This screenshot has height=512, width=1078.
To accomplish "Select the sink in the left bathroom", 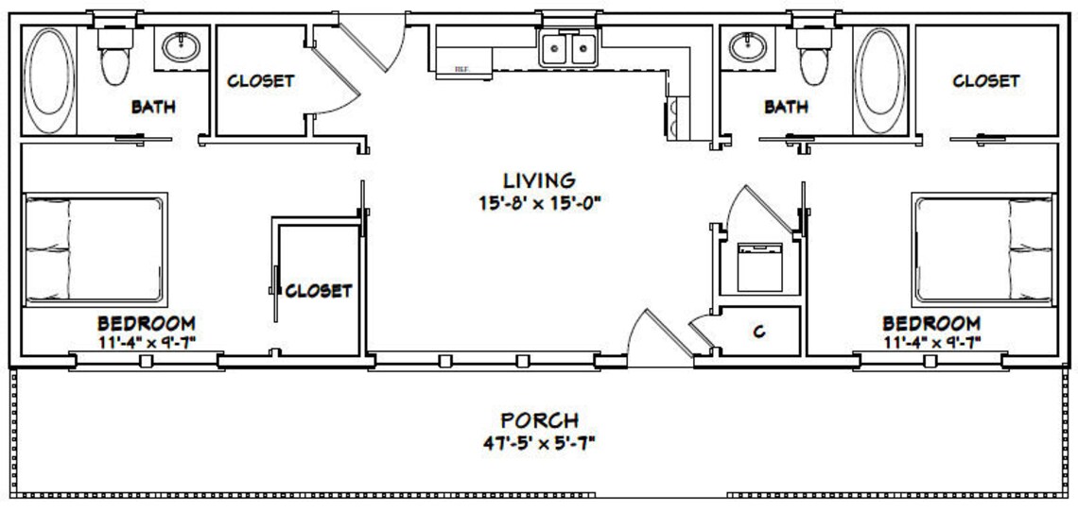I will coord(179,45).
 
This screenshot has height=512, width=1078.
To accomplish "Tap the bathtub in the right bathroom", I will coord(879,82).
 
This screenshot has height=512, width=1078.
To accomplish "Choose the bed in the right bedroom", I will coord(983,248).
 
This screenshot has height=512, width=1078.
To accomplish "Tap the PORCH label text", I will coord(539,420).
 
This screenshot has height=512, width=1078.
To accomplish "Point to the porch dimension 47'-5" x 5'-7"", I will coord(539,441).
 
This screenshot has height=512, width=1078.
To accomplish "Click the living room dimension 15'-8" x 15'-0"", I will coord(539,201).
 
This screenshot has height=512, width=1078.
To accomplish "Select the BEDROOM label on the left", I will coord(147,322).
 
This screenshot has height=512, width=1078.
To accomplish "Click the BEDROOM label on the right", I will coord(931,322).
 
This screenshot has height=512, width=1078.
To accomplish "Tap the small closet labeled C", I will coord(758,333).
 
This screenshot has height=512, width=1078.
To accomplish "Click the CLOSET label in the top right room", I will coord(985,81).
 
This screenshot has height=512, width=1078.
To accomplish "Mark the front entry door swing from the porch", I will coord(652,335).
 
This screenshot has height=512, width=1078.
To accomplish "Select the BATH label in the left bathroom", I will coord(153,107).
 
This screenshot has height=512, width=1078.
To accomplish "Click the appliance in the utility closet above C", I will coord(757,267).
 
